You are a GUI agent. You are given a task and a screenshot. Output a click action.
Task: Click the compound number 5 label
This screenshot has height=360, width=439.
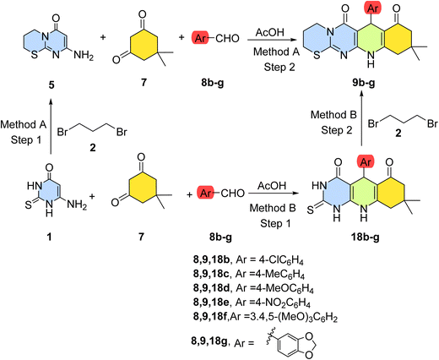click(51, 85)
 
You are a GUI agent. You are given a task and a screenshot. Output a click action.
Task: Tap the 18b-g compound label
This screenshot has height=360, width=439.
click(365, 237)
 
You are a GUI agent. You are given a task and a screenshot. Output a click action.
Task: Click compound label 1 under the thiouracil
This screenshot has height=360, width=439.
click(49, 237)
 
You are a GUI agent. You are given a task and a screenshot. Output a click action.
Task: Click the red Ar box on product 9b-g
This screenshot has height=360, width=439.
click(372, 8)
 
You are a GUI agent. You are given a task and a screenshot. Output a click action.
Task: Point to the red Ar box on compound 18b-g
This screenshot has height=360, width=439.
click(366, 162)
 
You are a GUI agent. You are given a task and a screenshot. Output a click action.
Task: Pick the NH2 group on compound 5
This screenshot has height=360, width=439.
click(84, 56)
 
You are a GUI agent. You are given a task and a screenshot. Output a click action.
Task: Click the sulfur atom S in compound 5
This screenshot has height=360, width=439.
click(35, 55)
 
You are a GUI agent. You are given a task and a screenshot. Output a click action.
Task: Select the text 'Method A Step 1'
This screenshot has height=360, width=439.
click(24, 132)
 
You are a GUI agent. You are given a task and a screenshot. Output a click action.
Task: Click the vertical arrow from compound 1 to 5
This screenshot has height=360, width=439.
click(51, 127)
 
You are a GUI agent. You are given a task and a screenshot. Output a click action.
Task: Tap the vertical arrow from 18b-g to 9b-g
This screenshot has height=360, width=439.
click(362, 121)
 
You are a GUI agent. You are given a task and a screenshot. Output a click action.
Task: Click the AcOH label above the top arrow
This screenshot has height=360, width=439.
click(270, 32)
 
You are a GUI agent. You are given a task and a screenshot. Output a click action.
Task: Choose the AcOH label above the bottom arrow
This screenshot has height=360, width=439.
click(272, 186)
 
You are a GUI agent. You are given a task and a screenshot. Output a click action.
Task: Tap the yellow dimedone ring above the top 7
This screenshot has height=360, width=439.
click(143, 45)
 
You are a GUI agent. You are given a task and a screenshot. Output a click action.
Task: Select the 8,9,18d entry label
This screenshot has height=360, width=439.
click(212, 288)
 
